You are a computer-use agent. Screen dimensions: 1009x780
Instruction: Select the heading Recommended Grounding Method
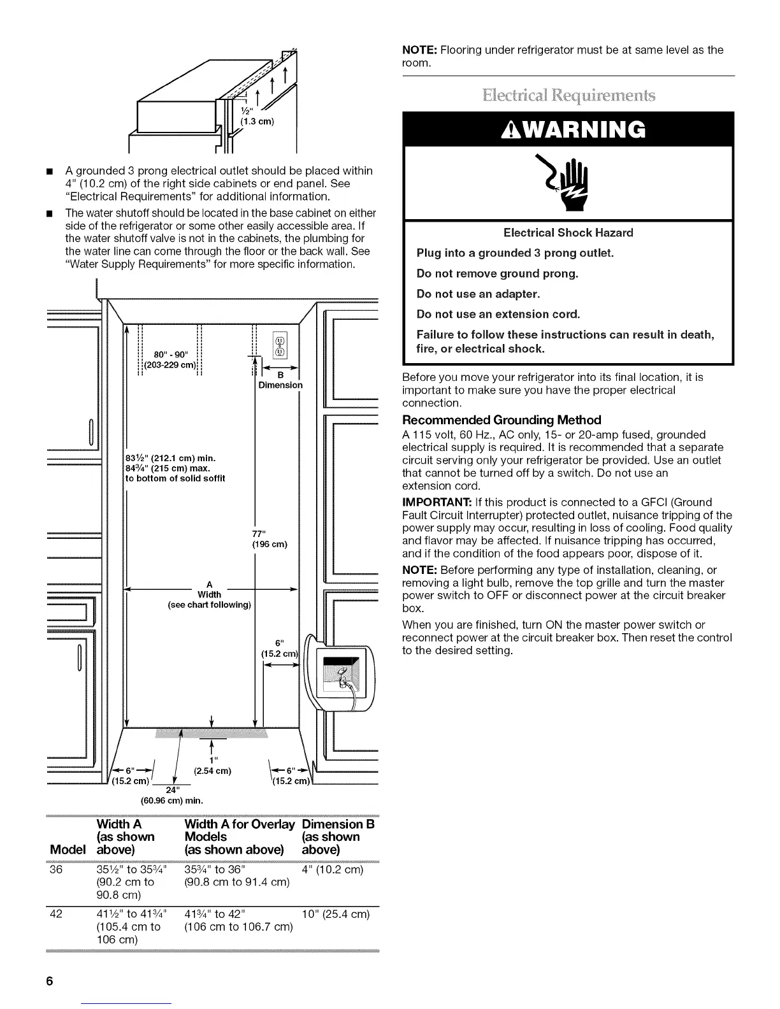502,420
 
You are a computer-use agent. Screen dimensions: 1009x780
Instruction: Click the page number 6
49,982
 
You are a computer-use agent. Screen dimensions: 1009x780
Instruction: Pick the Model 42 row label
55,915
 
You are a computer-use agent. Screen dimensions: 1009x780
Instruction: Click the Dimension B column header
338,837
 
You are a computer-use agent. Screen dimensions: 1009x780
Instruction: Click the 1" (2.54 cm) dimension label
212,765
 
